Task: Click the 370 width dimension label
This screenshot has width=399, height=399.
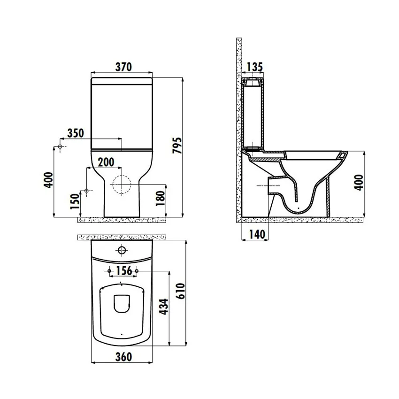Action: [123, 67]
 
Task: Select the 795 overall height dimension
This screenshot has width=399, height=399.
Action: [177, 146]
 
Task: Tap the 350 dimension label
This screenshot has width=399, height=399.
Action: [76, 133]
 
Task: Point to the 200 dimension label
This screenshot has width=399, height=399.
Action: [106, 162]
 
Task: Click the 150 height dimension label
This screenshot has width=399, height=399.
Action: [75, 201]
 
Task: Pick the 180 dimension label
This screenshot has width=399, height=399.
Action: [161, 199]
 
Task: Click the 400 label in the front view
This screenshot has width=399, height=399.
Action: [49, 180]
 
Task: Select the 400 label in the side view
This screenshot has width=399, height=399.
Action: [359, 183]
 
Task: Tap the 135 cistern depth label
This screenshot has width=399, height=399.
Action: [255, 67]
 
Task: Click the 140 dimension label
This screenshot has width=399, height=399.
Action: [257, 234]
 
